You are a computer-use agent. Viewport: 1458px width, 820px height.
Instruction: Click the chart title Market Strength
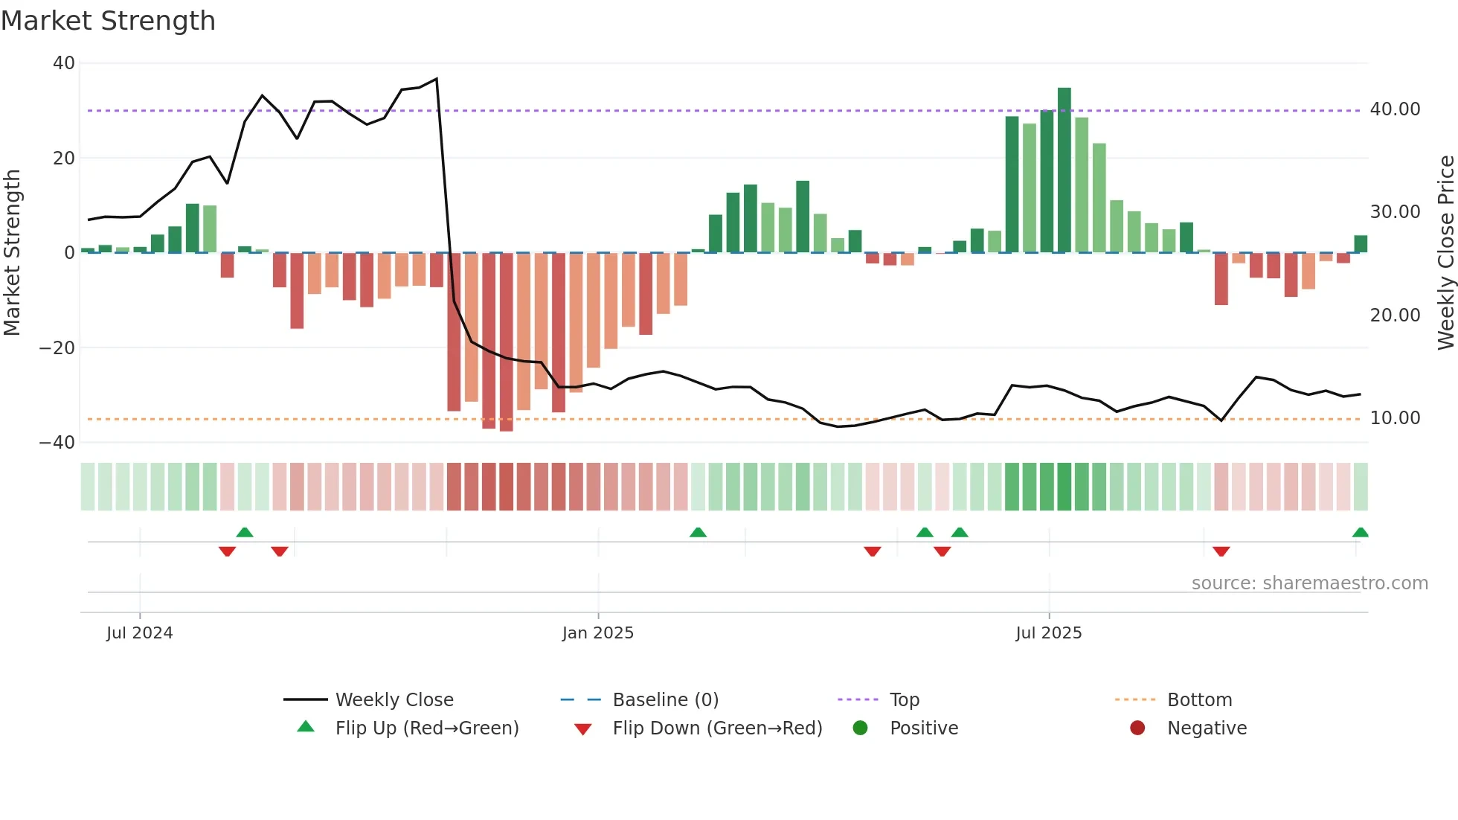(x=108, y=21)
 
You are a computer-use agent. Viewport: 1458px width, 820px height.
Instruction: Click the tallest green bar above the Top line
(x=1064, y=170)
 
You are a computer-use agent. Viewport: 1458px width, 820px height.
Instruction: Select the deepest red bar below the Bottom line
(x=507, y=342)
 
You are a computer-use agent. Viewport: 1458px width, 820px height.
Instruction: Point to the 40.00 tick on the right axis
(x=1395, y=109)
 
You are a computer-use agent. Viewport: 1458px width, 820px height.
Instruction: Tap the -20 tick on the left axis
(x=57, y=347)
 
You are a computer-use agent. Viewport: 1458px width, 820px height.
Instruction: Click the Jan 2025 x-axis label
(x=597, y=633)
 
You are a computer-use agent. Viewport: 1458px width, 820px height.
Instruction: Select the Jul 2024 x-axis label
(x=139, y=633)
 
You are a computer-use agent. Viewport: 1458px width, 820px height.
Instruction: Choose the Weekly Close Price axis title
(x=1445, y=252)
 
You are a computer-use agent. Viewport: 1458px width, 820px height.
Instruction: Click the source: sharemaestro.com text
(x=1309, y=583)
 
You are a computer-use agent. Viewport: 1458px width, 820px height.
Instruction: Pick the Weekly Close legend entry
(x=394, y=700)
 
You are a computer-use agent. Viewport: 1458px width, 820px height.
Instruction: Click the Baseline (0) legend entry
(x=665, y=700)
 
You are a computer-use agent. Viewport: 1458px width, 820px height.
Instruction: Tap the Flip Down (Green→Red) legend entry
(x=716, y=728)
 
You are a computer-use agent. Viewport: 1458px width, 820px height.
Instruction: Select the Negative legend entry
(x=1206, y=728)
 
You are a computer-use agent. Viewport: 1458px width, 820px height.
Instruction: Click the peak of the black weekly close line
(x=437, y=79)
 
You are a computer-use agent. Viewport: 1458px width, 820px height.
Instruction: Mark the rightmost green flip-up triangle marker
(x=1360, y=533)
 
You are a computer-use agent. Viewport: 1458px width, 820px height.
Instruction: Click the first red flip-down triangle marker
(x=227, y=551)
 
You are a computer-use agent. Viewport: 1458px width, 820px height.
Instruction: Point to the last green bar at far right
(x=1361, y=244)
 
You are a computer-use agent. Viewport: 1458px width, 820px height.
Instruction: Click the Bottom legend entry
(x=1198, y=700)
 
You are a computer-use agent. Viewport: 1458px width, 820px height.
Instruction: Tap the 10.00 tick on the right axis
(x=1395, y=418)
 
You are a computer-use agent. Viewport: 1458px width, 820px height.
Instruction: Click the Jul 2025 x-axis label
(x=1048, y=633)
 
